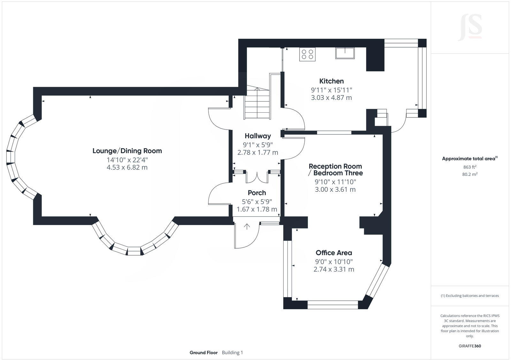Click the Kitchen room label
click(x=332, y=81)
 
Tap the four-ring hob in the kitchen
click(x=307, y=54)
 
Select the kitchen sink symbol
click(x=345, y=53)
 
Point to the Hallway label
click(x=258, y=136)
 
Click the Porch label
click(x=257, y=193)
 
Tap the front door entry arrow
click(x=247, y=227)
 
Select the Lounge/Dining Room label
click(x=127, y=151)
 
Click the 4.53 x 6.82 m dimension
click(x=127, y=168)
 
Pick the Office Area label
click(x=334, y=253)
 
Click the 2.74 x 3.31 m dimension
click(x=334, y=269)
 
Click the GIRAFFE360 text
click(x=470, y=346)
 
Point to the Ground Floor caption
click(x=203, y=353)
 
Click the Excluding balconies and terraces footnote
click(x=470, y=296)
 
